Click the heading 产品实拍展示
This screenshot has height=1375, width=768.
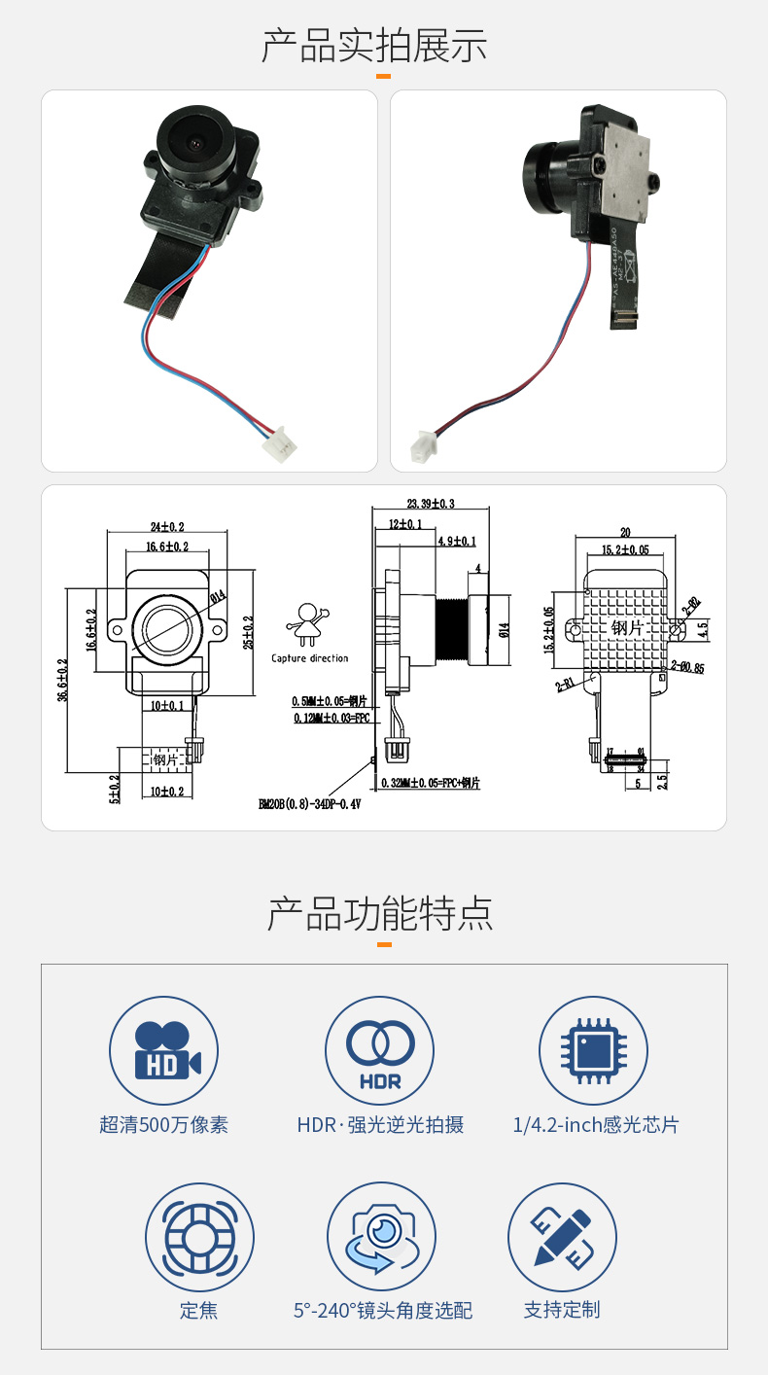[374, 46]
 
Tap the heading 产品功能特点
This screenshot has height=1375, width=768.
[380, 914]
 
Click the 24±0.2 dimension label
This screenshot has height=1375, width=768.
[166, 525]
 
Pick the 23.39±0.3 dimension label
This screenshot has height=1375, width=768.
[431, 504]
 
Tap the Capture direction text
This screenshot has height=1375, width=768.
[309, 658]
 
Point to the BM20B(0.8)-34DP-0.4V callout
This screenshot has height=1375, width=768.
[309, 804]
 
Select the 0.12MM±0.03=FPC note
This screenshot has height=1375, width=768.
[331, 719]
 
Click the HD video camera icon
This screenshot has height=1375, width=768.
[163, 1050]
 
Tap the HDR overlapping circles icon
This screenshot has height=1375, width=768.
[379, 1050]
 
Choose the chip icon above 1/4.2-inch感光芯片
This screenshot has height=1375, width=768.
[593, 1050]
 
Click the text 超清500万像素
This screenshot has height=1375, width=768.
[163, 1125]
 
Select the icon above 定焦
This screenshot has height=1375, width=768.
[199, 1237]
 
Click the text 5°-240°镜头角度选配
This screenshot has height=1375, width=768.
[383, 1311]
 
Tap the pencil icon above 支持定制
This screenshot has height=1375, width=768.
[562, 1237]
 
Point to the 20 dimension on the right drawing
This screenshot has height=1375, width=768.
[626, 533]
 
